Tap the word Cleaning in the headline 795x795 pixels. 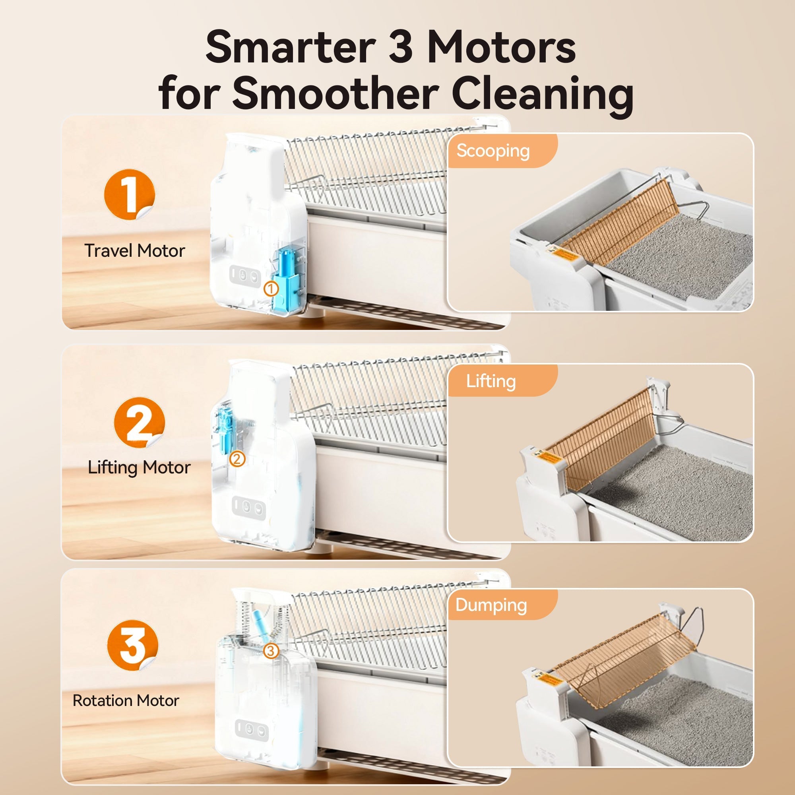[x=542, y=94]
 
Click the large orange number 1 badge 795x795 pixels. [x=129, y=194]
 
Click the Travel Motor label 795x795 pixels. [x=135, y=250]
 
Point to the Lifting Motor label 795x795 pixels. [x=139, y=468]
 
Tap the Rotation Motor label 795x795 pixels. [x=126, y=700]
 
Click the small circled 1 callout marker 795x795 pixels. [x=271, y=289]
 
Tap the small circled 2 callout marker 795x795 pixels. [x=237, y=459]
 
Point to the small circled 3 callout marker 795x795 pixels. [x=271, y=651]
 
